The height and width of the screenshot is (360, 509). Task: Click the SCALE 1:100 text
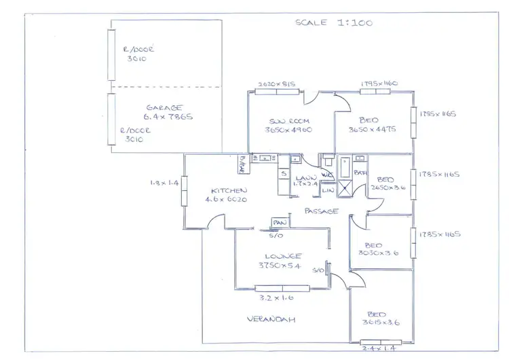point(333,22)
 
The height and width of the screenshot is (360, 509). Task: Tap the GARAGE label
point(165,107)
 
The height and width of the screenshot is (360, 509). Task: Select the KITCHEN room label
point(228,191)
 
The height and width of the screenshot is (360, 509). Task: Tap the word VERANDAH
point(270,319)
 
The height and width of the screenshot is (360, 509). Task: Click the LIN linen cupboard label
point(327,192)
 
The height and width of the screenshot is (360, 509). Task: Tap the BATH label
point(360,174)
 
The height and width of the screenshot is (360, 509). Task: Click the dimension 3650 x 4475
point(372,130)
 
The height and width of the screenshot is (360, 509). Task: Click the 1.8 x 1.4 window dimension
point(164,183)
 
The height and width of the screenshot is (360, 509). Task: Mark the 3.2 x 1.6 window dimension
point(275,297)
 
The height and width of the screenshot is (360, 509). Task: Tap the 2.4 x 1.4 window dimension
point(379,347)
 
